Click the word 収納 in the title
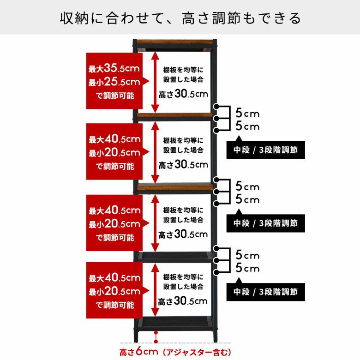tap(74, 18)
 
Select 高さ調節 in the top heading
tap(211, 18)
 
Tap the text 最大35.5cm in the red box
tap(114, 68)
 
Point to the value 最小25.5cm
tap(114, 82)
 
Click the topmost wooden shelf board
tap(175, 42)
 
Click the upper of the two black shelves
tap(175, 256)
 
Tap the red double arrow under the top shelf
tap(155, 83)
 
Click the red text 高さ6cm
tap(138, 352)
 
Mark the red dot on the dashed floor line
tap(156, 342)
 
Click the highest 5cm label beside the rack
tap(247, 113)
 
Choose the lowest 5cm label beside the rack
tap(247, 268)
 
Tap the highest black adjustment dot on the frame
tap(216, 106)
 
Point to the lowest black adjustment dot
tap(216, 272)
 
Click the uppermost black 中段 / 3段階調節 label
tap(266, 150)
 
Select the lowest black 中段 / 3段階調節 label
tap(266, 292)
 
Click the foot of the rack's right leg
tap(215, 339)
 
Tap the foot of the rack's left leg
tap(136, 339)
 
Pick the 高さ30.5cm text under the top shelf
tap(183, 94)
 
